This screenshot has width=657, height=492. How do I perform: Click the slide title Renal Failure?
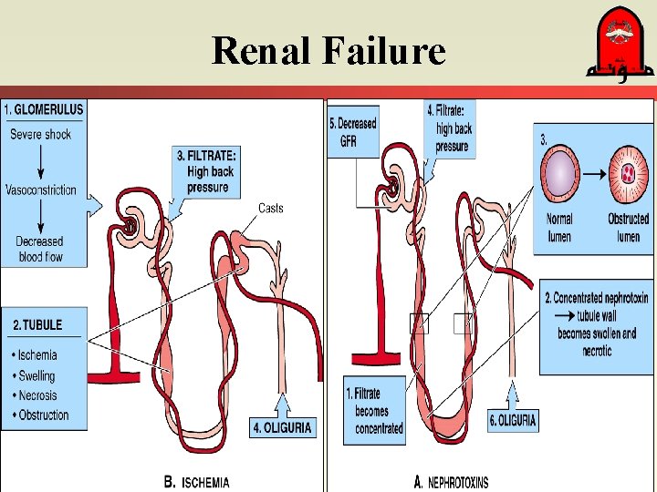click(328, 51)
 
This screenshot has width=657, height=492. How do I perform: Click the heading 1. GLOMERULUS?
click(44, 109)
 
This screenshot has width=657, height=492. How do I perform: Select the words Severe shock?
click(40, 135)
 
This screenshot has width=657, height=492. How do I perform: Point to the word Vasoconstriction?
click(41, 190)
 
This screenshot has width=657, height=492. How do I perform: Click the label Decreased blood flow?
click(40, 249)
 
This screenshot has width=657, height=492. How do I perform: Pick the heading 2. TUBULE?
click(37, 324)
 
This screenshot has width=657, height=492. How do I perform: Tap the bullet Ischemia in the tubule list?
click(35, 355)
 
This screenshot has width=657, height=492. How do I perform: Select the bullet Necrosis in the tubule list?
click(35, 395)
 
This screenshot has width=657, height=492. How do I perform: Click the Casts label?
click(271, 209)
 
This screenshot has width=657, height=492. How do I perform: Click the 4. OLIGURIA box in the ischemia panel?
click(283, 426)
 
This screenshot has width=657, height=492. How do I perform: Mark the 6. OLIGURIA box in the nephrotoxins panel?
click(513, 420)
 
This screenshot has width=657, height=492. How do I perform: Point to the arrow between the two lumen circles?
click(593, 172)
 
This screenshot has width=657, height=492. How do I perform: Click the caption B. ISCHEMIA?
click(196, 482)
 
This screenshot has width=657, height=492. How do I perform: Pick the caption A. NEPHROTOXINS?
click(451, 482)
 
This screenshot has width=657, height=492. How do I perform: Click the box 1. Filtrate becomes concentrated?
click(375, 411)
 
